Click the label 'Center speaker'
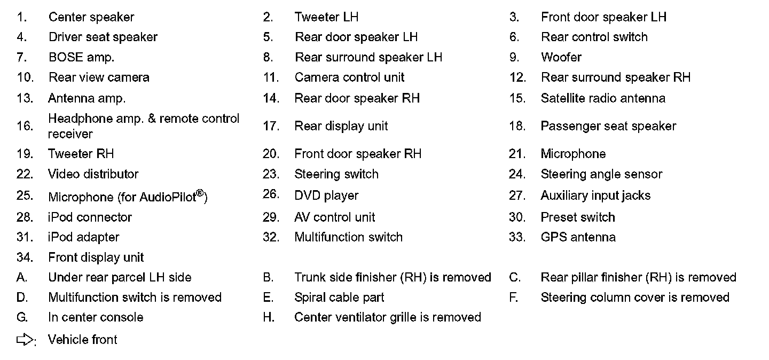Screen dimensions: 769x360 coord(91,17)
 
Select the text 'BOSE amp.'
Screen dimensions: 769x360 coord(81,57)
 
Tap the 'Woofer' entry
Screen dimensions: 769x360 coord(561,57)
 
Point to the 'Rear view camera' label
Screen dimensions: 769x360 coord(99,77)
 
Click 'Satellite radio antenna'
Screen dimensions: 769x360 coord(603,98)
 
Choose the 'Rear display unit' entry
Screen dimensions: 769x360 coord(341,126)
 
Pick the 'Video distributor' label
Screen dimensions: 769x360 coord(93,174)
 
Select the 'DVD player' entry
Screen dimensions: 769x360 coord(326,195)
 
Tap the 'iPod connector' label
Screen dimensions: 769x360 coord(90,217)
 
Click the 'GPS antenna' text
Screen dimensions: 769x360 coord(578,237)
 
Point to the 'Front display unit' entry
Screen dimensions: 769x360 coord(96,257)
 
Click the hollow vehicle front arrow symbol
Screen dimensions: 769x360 coord(25,340)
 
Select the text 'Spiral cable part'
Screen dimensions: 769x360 coord(339,298)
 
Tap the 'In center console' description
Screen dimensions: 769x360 coord(96,317)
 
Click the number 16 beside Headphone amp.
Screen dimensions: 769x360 coord(25,126)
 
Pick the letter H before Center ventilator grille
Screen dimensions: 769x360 coord(268,317)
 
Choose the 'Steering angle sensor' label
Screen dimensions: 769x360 coord(601,174)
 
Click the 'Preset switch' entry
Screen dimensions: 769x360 coord(578,217)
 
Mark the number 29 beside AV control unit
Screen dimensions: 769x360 coord(271,217)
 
